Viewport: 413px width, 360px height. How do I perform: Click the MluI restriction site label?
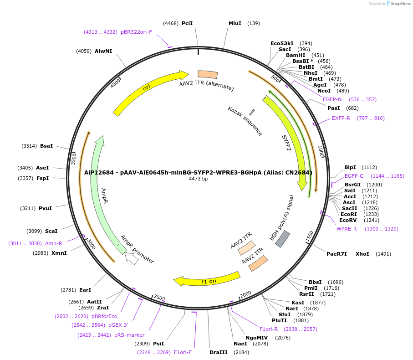coord(235,23)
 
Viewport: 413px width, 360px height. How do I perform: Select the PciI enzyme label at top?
coord(187,23)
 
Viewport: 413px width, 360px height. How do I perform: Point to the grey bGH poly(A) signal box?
coord(283,239)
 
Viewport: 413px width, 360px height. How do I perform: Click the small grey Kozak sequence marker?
coord(252,112)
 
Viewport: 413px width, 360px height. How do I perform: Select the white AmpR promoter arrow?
coord(132,259)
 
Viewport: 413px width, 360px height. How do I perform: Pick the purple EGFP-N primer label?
coord(332,99)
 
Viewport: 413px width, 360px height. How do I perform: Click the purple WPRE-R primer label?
coord(347,229)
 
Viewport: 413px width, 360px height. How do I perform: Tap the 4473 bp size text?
coord(198,179)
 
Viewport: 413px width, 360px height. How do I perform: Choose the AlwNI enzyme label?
coord(103,51)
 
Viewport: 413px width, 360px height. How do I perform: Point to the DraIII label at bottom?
coord(218,353)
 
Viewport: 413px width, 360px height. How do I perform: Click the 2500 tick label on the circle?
coord(159,298)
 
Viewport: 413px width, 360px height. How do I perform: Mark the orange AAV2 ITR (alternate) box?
coord(207,74)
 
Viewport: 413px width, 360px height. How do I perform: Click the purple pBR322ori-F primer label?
coord(136,32)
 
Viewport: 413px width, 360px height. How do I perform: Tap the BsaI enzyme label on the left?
coord(46,146)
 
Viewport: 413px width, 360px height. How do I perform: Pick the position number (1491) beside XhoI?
coord(383,254)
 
